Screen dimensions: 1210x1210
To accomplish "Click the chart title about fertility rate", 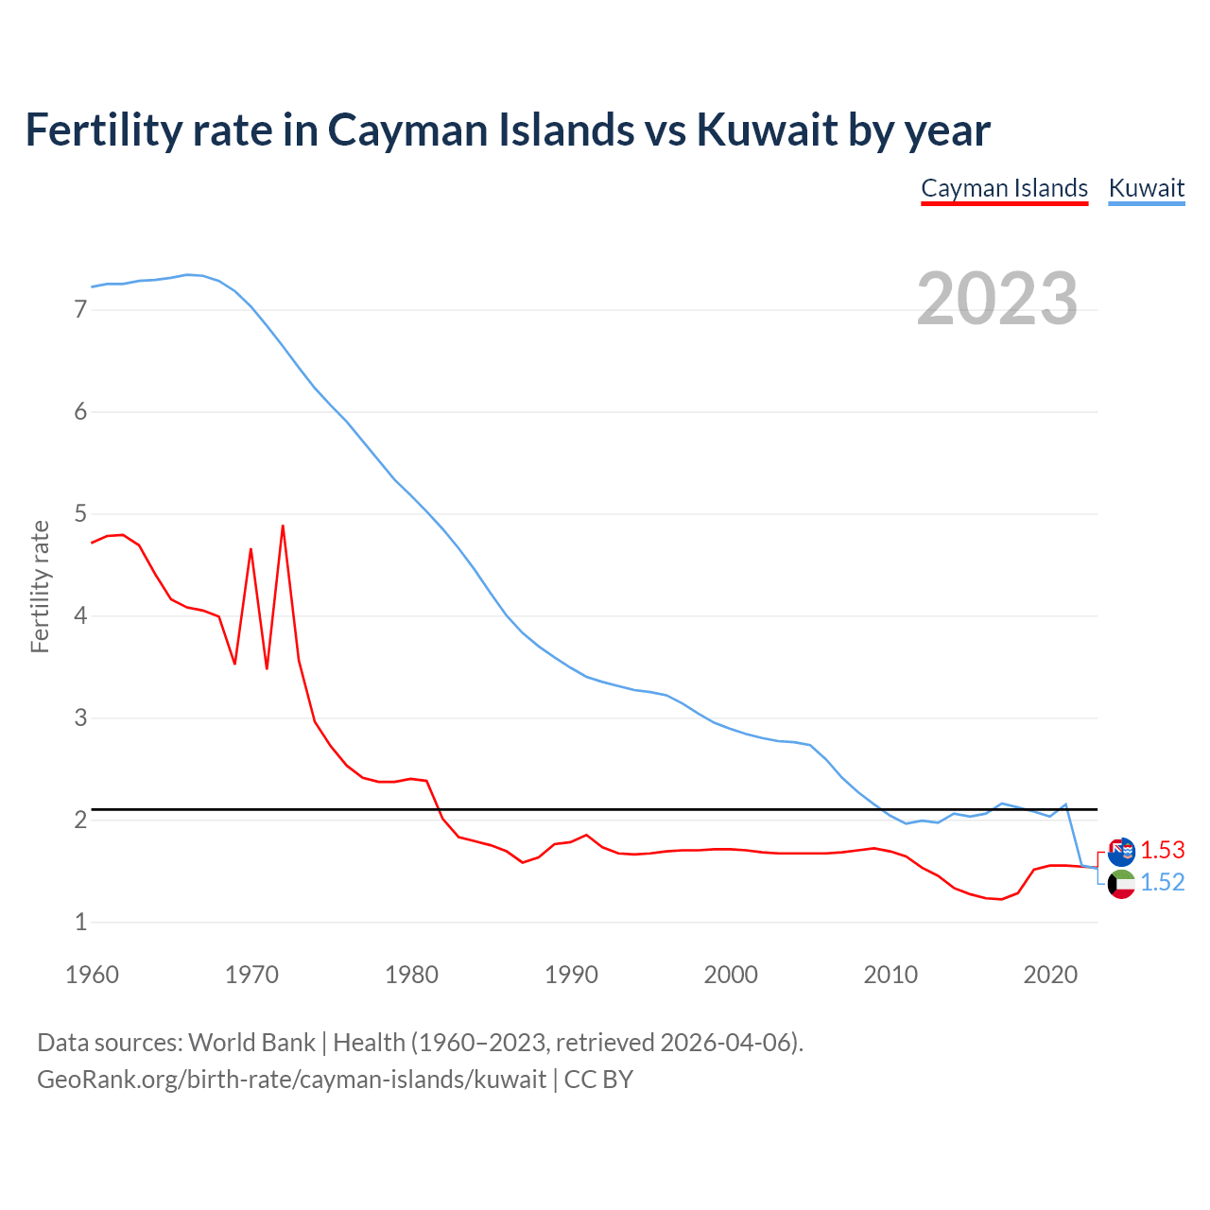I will (x=508, y=130).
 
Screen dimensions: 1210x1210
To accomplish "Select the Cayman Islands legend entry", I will (x=1004, y=188).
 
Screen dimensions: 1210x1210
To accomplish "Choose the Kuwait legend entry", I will (x=1146, y=188).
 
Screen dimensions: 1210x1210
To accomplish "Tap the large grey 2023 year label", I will (x=997, y=299).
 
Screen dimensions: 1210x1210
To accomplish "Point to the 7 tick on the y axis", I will (x=80, y=309).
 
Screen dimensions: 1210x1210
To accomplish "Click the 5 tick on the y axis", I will (x=80, y=513).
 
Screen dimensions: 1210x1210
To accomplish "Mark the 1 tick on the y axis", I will (x=80, y=922).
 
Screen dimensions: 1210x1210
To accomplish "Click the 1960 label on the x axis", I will (x=92, y=975).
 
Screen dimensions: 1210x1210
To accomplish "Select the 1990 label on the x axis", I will (x=571, y=975).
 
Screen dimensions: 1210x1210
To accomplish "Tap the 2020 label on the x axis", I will (x=1050, y=975).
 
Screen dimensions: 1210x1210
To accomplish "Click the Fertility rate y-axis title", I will (x=40, y=586).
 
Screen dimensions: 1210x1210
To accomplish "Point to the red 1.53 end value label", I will (x=1162, y=850).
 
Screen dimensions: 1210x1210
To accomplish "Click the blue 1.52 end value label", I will (x=1162, y=882).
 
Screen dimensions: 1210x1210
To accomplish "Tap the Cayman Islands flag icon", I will (x=1121, y=852).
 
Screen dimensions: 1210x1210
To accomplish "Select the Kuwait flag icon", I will (x=1121, y=884).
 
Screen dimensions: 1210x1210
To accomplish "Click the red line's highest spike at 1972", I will (x=283, y=526).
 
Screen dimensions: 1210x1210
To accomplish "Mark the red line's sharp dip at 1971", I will (x=267, y=667).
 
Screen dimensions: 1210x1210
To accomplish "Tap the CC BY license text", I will (x=598, y=1080).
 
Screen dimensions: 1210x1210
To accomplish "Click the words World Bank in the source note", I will (x=251, y=1043).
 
